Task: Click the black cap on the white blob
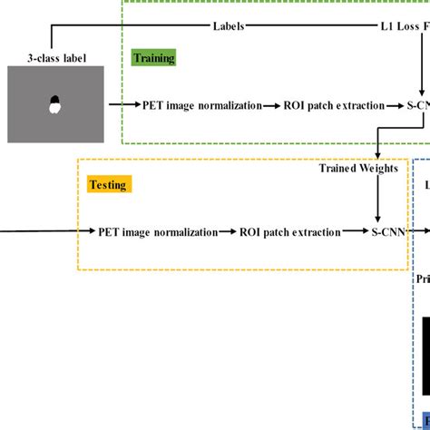(x=54, y=100)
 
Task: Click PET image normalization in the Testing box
(x=158, y=232)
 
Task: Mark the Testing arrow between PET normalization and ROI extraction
(x=230, y=232)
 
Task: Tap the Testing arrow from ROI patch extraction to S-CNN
(x=356, y=232)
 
